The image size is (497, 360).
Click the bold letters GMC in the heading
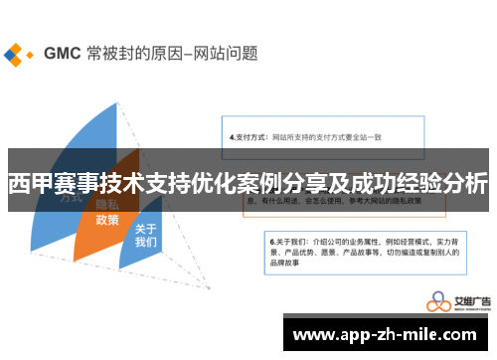tap(61, 52)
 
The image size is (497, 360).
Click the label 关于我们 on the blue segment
tap(146, 235)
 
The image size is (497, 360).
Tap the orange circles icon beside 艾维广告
tap(437, 302)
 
